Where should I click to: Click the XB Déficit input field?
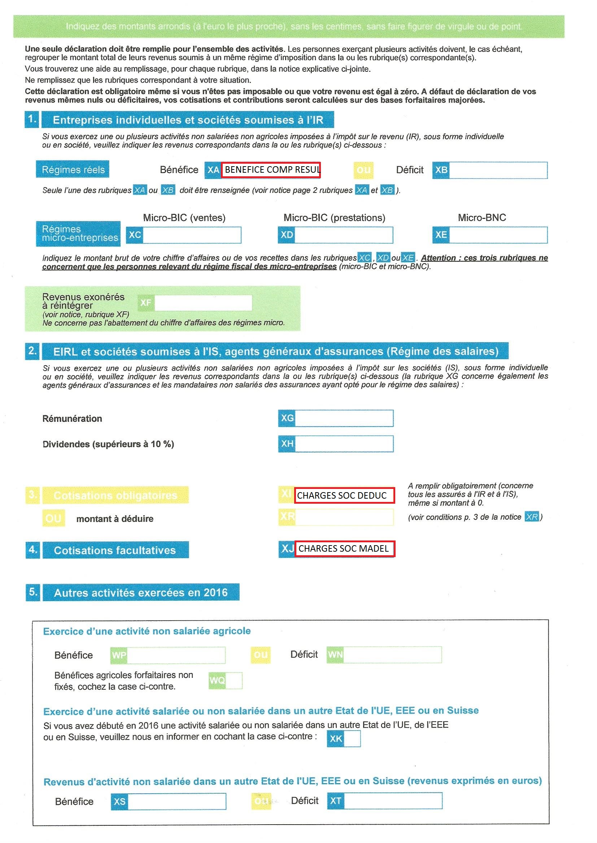click(x=498, y=170)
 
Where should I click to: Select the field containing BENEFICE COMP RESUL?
click(x=271, y=170)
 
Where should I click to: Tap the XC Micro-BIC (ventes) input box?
click(x=192, y=235)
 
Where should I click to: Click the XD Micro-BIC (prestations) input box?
click(x=343, y=235)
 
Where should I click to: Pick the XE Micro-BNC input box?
click(x=498, y=235)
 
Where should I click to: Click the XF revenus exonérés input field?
click(x=203, y=303)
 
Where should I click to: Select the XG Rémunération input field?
click(x=344, y=418)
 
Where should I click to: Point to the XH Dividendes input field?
click(x=344, y=444)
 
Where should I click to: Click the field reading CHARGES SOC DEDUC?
click(x=344, y=495)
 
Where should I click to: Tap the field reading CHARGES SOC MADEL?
click(x=344, y=548)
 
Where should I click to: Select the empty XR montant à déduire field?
click(x=344, y=517)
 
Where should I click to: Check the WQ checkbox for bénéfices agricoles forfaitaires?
click(x=234, y=680)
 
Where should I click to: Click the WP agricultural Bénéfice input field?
click(x=176, y=656)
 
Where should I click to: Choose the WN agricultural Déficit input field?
click(x=392, y=655)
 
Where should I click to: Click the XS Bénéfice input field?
click(x=177, y=801)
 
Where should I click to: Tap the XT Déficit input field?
click(x=393, y=800)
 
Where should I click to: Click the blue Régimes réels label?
click(x=73, y=169)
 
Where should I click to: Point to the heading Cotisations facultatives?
click(x=115, y=550)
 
